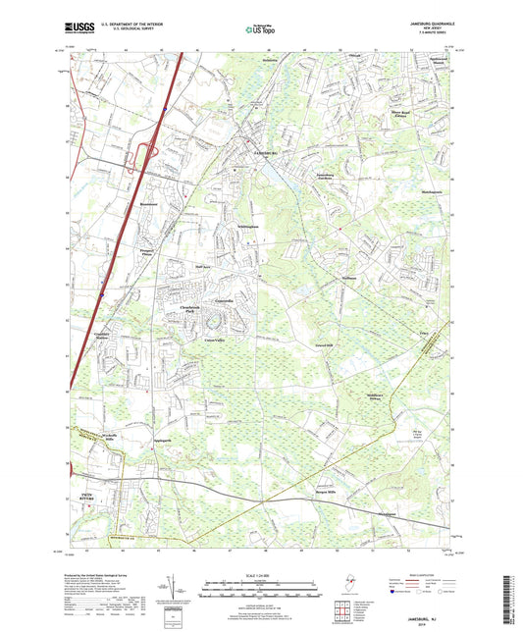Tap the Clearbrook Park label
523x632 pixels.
[196, 309]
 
